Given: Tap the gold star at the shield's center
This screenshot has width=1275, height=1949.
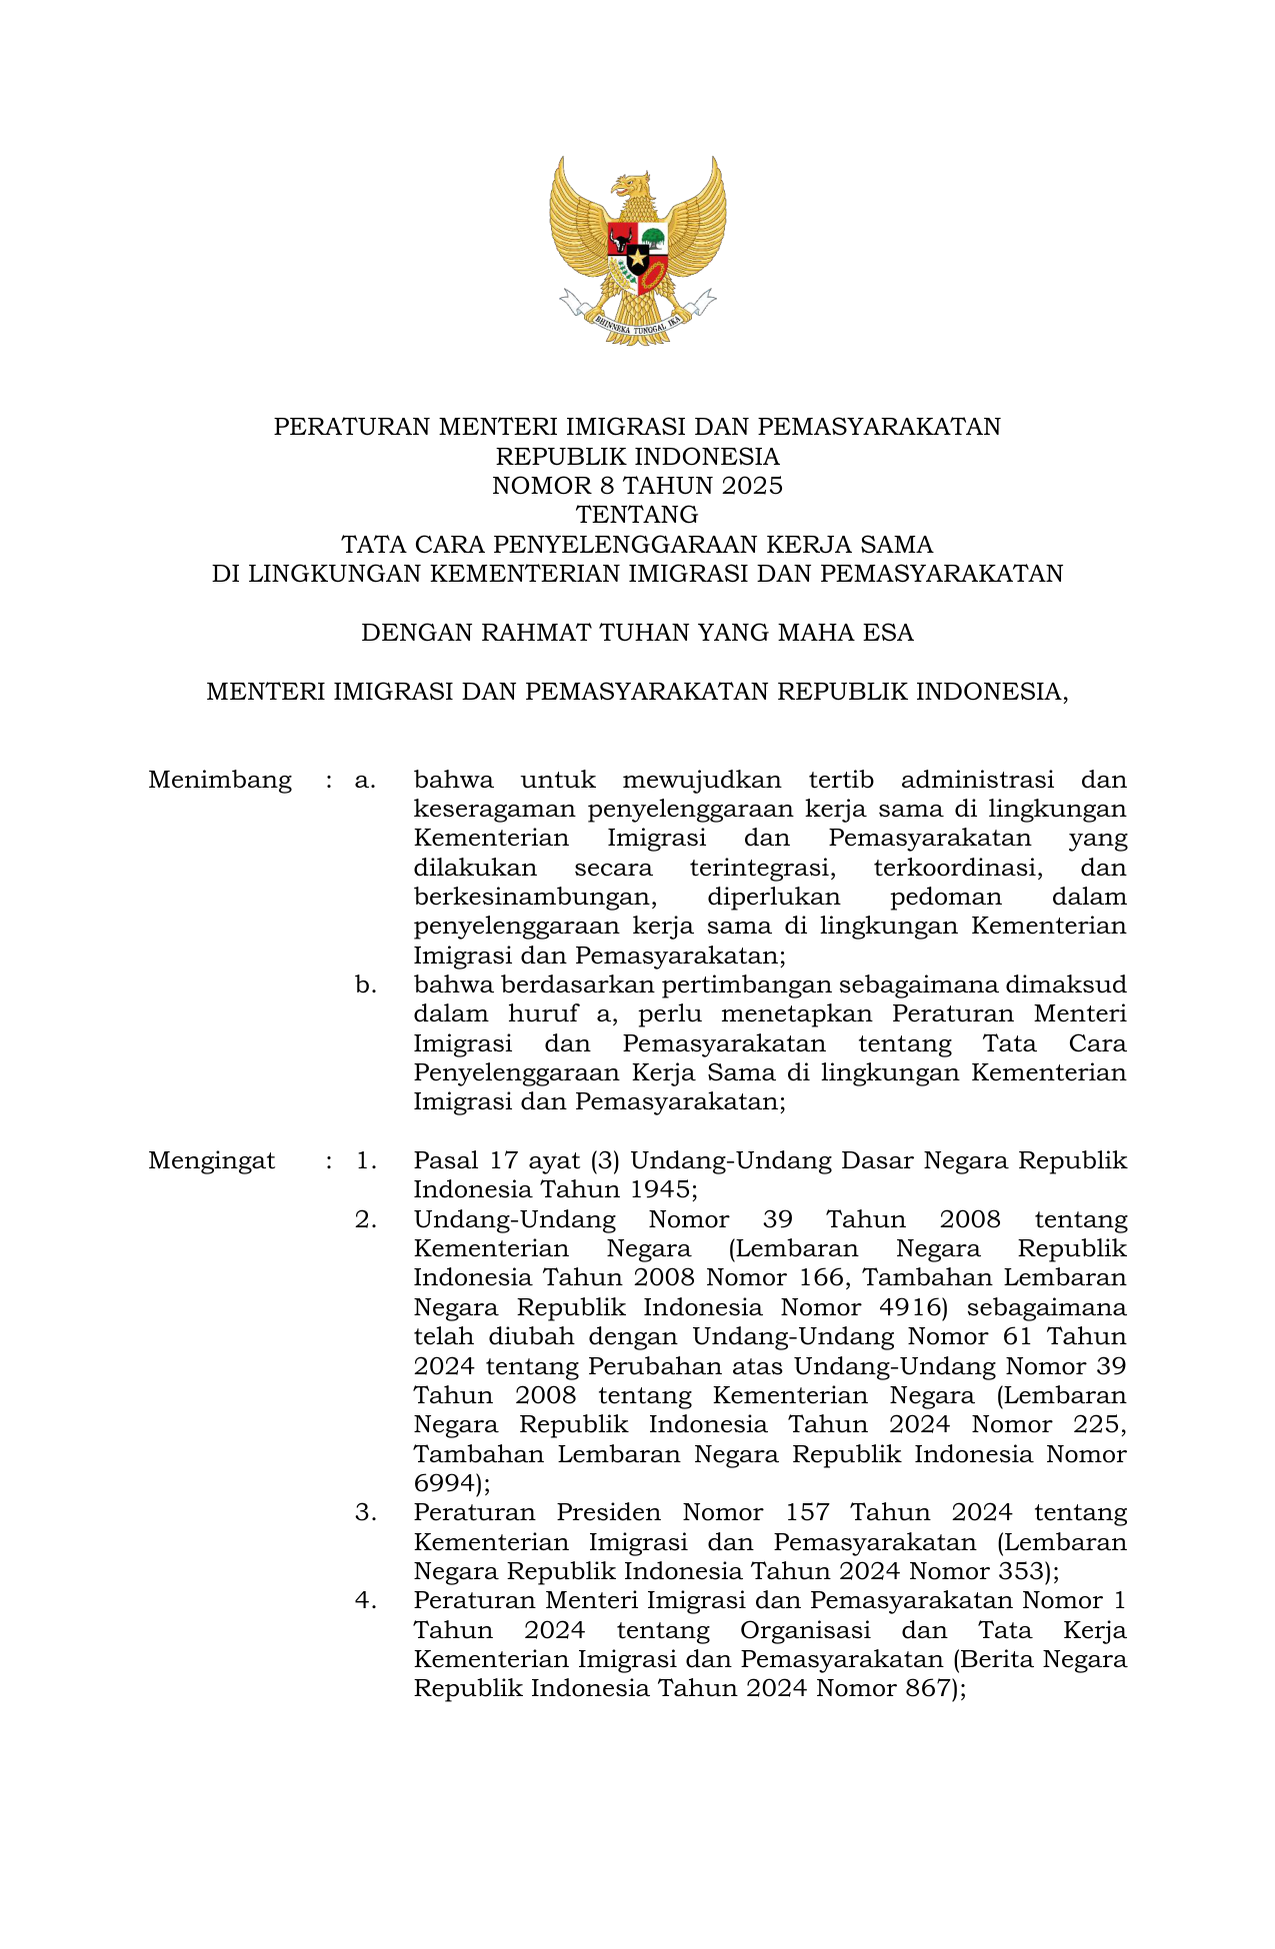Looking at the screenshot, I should pyautogui.click(x=637, y=259).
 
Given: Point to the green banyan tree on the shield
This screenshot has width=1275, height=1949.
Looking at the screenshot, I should pyautogui.click(x=653, y=239).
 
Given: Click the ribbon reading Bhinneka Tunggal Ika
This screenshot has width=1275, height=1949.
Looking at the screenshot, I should pyautogui.click(x=637, y=322).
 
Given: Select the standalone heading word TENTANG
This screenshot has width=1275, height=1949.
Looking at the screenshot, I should pyautogui.click(x=637, y=515).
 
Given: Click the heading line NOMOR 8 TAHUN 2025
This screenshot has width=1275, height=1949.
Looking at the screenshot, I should pyautogui.click(x=637, y=486).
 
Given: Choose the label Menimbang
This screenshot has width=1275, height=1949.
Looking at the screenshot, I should pyautogui.click(x=220, y=780).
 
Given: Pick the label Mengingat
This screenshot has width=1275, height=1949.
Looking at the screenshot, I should pyautogui.click(x=212, y=1160).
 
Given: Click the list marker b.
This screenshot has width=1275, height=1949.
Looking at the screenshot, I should pyautogui.click(x=366, y=984).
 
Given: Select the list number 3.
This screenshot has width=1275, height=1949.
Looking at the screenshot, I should pyautogui.click(x=366, y=1512).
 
